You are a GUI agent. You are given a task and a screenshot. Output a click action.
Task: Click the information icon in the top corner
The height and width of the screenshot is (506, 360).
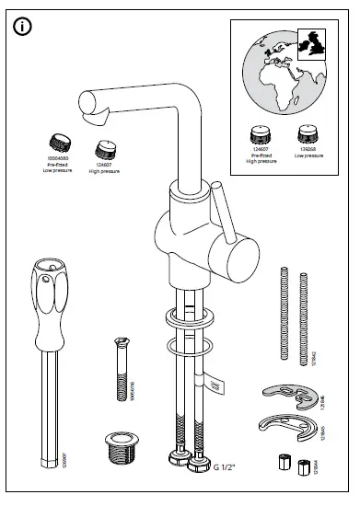pyautogui.click(x=25, y=27)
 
